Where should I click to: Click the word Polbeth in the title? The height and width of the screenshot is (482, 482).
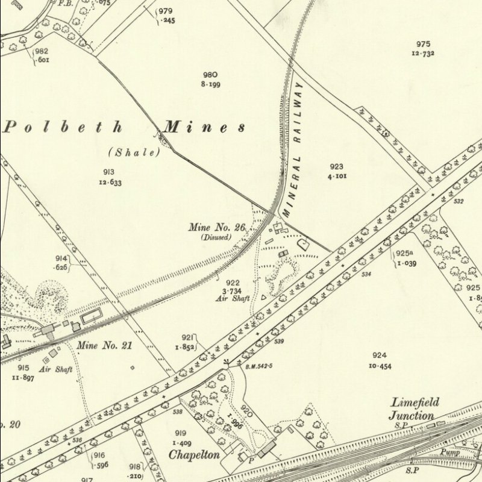(x=64, y=127)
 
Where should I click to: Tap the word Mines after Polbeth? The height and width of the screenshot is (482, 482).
(x=205, y=127)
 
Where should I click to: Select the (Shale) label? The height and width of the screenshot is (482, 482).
(x=134, y=152)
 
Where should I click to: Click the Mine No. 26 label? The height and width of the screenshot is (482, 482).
(x=217, y=228)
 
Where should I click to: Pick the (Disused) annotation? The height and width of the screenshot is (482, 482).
(x=216, y=237)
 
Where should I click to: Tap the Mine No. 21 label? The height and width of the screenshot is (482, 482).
(x=104, y=346)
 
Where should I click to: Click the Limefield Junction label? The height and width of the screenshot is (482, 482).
(x=415, y=409)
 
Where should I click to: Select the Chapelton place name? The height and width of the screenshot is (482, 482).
(x=193, y=455)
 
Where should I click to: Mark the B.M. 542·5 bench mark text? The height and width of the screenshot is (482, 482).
(x=258, y=366)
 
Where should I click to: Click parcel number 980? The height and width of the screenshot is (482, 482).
(x=210, y=75)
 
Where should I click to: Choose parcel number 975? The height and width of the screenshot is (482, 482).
(x=423, y=44)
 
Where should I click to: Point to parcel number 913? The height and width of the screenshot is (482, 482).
(x=108, y=172)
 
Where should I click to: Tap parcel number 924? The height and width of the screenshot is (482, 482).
(x=380, y=356)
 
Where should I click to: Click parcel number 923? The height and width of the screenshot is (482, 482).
(x=336, y=167)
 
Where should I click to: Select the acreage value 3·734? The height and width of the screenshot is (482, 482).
(x=233, y=291)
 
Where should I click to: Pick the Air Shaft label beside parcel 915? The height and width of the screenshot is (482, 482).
(x=56, y=369)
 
